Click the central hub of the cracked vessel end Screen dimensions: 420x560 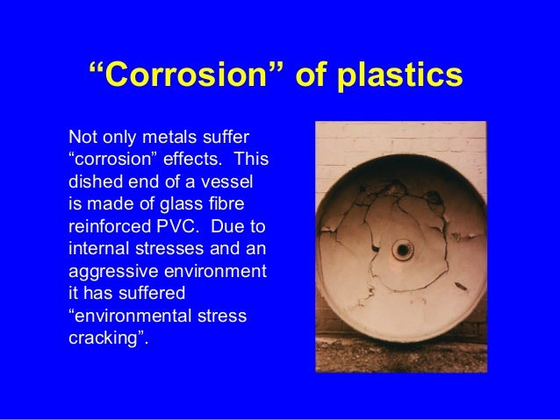point(402,250)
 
